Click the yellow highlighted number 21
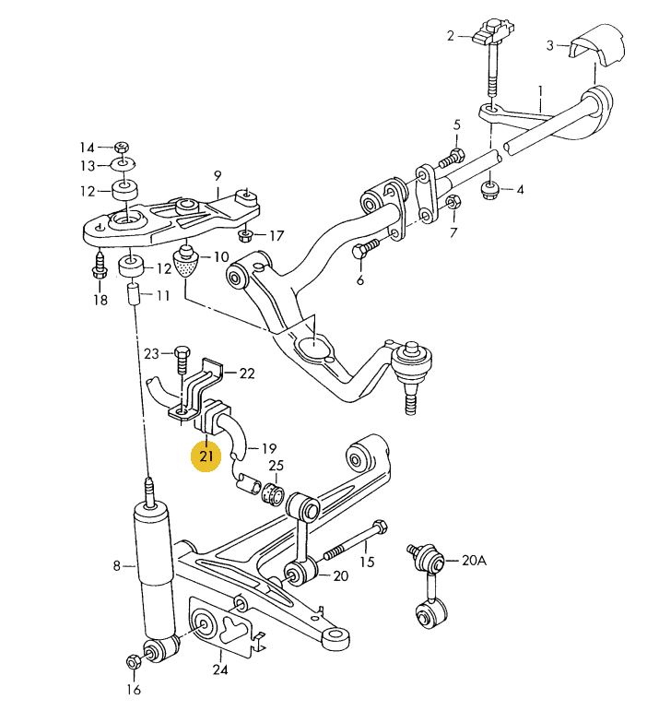206,456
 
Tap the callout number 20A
474,561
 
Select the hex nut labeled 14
122,147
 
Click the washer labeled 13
124,164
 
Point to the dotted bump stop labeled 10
187,261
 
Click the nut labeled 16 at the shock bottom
133,661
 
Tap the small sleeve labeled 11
134,295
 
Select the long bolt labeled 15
356,541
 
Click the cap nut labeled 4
489,190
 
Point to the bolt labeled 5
451,158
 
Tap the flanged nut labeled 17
245,235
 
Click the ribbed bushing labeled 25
274,494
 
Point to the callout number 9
218,175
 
